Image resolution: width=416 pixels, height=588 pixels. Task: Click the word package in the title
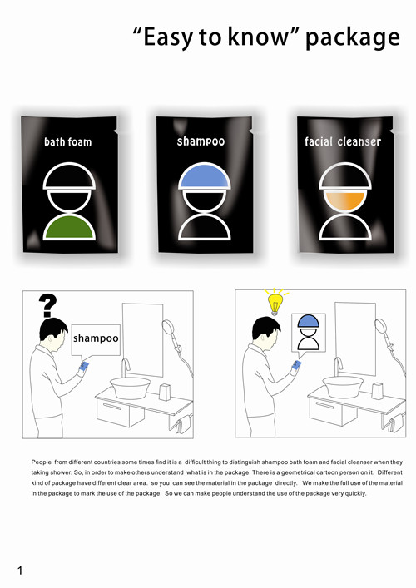click(353, 38)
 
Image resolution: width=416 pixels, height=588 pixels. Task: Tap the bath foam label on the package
click(68, 141)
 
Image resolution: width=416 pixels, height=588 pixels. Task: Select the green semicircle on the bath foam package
click(69, 227)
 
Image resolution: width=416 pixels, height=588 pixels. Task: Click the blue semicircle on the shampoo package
click(205, 175)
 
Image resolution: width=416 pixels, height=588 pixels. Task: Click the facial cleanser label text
click(343, 141)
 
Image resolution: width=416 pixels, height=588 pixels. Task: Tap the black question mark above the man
click(47, 305)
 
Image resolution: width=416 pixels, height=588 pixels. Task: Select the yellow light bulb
click(275, 303)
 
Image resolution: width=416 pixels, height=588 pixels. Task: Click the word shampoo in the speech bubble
click(96, 338)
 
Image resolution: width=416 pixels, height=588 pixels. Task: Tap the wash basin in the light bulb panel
click(343, 386)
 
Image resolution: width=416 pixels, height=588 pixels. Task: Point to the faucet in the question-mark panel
click(125, 367)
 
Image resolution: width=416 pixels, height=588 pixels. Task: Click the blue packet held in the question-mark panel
click(84, 366)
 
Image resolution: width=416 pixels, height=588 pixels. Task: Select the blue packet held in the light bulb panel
click(297, 364)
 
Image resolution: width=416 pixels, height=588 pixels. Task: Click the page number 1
click(20, 571)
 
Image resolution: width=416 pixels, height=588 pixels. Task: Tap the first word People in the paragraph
click(42, 462)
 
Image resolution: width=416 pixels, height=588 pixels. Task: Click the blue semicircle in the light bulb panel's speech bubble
click(309, 321)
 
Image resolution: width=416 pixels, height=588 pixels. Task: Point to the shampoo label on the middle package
click(201, 141)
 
